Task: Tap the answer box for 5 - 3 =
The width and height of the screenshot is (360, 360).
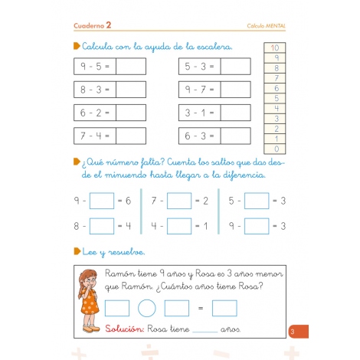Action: point(234,67)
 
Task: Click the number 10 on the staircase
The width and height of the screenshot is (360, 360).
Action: point(276,47)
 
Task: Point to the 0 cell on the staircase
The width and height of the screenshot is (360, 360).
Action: point(276,148)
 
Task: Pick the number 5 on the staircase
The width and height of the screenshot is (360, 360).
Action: point(276,98)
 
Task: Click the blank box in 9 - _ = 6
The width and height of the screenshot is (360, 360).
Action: point(102,201)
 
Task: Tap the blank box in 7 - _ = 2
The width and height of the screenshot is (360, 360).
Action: point(179,201)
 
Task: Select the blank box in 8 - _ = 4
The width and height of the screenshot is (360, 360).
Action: point(102,226)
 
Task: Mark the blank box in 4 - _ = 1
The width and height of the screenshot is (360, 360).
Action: point(179,226)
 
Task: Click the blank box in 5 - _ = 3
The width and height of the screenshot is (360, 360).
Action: point(257,201)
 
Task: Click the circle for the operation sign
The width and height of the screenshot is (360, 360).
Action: point(147,308)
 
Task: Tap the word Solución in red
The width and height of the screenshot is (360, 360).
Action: point(126,329)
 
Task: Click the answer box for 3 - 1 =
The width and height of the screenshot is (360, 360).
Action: point(234,113)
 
